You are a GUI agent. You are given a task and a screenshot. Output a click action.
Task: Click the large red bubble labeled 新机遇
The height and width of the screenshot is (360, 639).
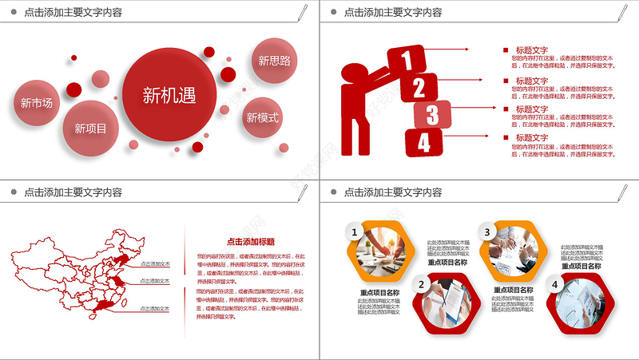pos(169,94)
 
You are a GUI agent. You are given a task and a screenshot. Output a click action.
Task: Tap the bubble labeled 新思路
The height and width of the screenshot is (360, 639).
pos(274,60)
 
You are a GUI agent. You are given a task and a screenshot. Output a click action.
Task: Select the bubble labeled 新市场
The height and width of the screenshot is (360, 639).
pos(37,102)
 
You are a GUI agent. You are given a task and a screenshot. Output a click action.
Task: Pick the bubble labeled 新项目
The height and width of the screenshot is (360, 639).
pos(90,126)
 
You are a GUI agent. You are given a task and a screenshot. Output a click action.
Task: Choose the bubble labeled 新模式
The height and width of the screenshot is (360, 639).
pos(263,118)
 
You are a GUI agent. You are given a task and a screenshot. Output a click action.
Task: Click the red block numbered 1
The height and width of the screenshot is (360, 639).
pos(407,60)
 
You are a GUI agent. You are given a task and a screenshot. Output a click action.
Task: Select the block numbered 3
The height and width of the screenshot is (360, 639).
pos(432,114)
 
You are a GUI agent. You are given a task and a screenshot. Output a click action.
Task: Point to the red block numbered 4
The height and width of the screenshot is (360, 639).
pos(423,143)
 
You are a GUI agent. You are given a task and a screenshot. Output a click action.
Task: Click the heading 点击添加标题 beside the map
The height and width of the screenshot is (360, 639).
pos(251,241)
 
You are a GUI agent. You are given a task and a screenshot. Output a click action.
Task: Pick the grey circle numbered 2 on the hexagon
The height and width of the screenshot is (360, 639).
pos(422,283)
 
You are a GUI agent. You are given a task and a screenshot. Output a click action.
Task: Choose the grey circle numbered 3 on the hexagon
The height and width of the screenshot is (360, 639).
pos(486,232)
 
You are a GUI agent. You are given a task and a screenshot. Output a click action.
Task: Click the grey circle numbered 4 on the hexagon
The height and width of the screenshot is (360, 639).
pos(554,284)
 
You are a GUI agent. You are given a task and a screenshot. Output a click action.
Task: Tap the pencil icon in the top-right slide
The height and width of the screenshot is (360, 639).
pos(622,11)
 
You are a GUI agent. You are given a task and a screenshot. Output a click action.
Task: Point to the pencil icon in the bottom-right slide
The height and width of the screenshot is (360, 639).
pos(622,192)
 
